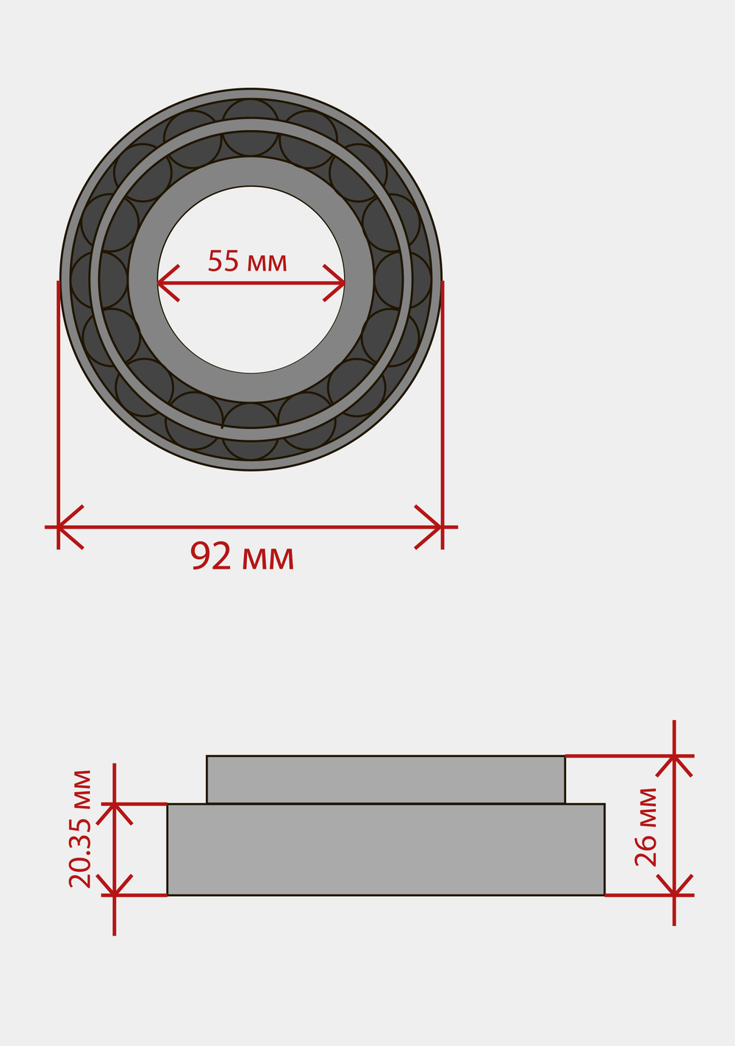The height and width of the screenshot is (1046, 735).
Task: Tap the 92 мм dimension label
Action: click(243, 555)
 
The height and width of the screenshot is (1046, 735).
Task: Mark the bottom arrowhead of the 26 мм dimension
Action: click(674, 894)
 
